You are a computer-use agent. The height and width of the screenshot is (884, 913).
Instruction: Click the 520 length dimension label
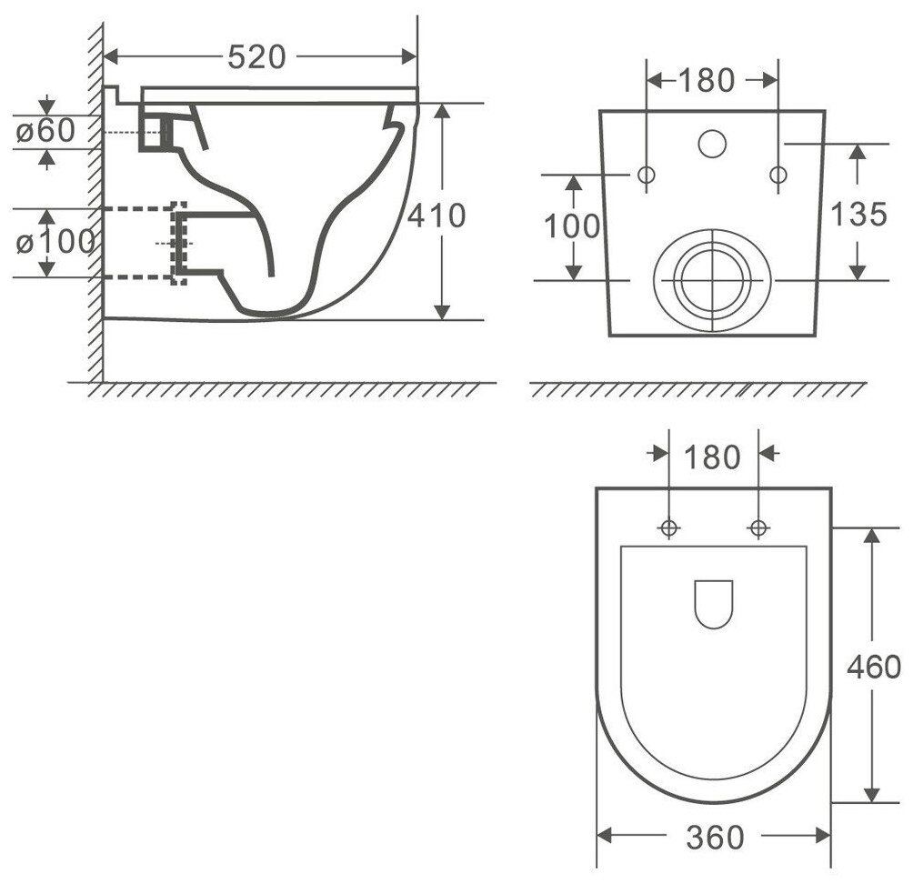(256, 56)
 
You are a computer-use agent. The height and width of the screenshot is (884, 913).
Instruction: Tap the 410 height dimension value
(436, 216)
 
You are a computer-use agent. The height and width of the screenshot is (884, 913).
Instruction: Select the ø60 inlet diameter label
(45, 131)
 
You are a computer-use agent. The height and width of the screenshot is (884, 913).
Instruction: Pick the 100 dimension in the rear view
(572, 226)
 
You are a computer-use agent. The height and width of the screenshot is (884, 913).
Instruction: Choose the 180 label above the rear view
(707, 80)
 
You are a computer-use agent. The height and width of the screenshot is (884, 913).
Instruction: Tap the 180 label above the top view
(714, 457)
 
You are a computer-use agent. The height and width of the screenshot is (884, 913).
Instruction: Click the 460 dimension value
(873, 667)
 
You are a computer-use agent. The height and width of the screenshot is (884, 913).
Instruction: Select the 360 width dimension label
(716, 837)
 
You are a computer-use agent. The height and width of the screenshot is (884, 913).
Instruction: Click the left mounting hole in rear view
(647, 175)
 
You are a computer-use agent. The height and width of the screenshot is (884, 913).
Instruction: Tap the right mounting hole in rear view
(778, 175)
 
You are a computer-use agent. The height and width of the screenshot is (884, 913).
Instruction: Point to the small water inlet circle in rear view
(712, 142)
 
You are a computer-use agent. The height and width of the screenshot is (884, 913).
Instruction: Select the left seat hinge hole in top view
(669, 527)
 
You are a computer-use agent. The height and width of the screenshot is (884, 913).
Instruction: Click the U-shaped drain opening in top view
(713, 603)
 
